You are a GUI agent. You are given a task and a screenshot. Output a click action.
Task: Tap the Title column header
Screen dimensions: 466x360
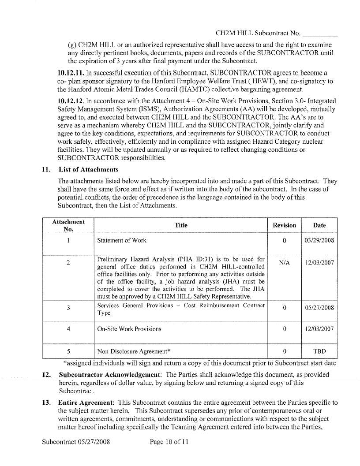181,225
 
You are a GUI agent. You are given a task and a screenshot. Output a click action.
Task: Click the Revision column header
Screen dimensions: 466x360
285,225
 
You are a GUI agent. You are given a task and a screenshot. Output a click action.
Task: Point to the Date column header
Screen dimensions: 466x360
319,225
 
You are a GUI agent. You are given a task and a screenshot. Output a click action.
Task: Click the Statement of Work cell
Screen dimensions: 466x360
122,241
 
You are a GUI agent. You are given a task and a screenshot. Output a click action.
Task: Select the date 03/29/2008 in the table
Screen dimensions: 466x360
319,241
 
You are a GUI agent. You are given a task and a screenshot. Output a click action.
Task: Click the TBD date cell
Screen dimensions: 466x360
319,352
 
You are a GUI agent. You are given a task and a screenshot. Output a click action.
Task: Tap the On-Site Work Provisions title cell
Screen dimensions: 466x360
129,329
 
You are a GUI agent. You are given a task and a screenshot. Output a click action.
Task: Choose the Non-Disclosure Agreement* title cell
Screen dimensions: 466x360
134,352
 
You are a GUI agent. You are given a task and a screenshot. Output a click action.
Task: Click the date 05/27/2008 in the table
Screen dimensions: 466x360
319,309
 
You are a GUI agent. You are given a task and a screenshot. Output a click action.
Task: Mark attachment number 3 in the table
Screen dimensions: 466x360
68,308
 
